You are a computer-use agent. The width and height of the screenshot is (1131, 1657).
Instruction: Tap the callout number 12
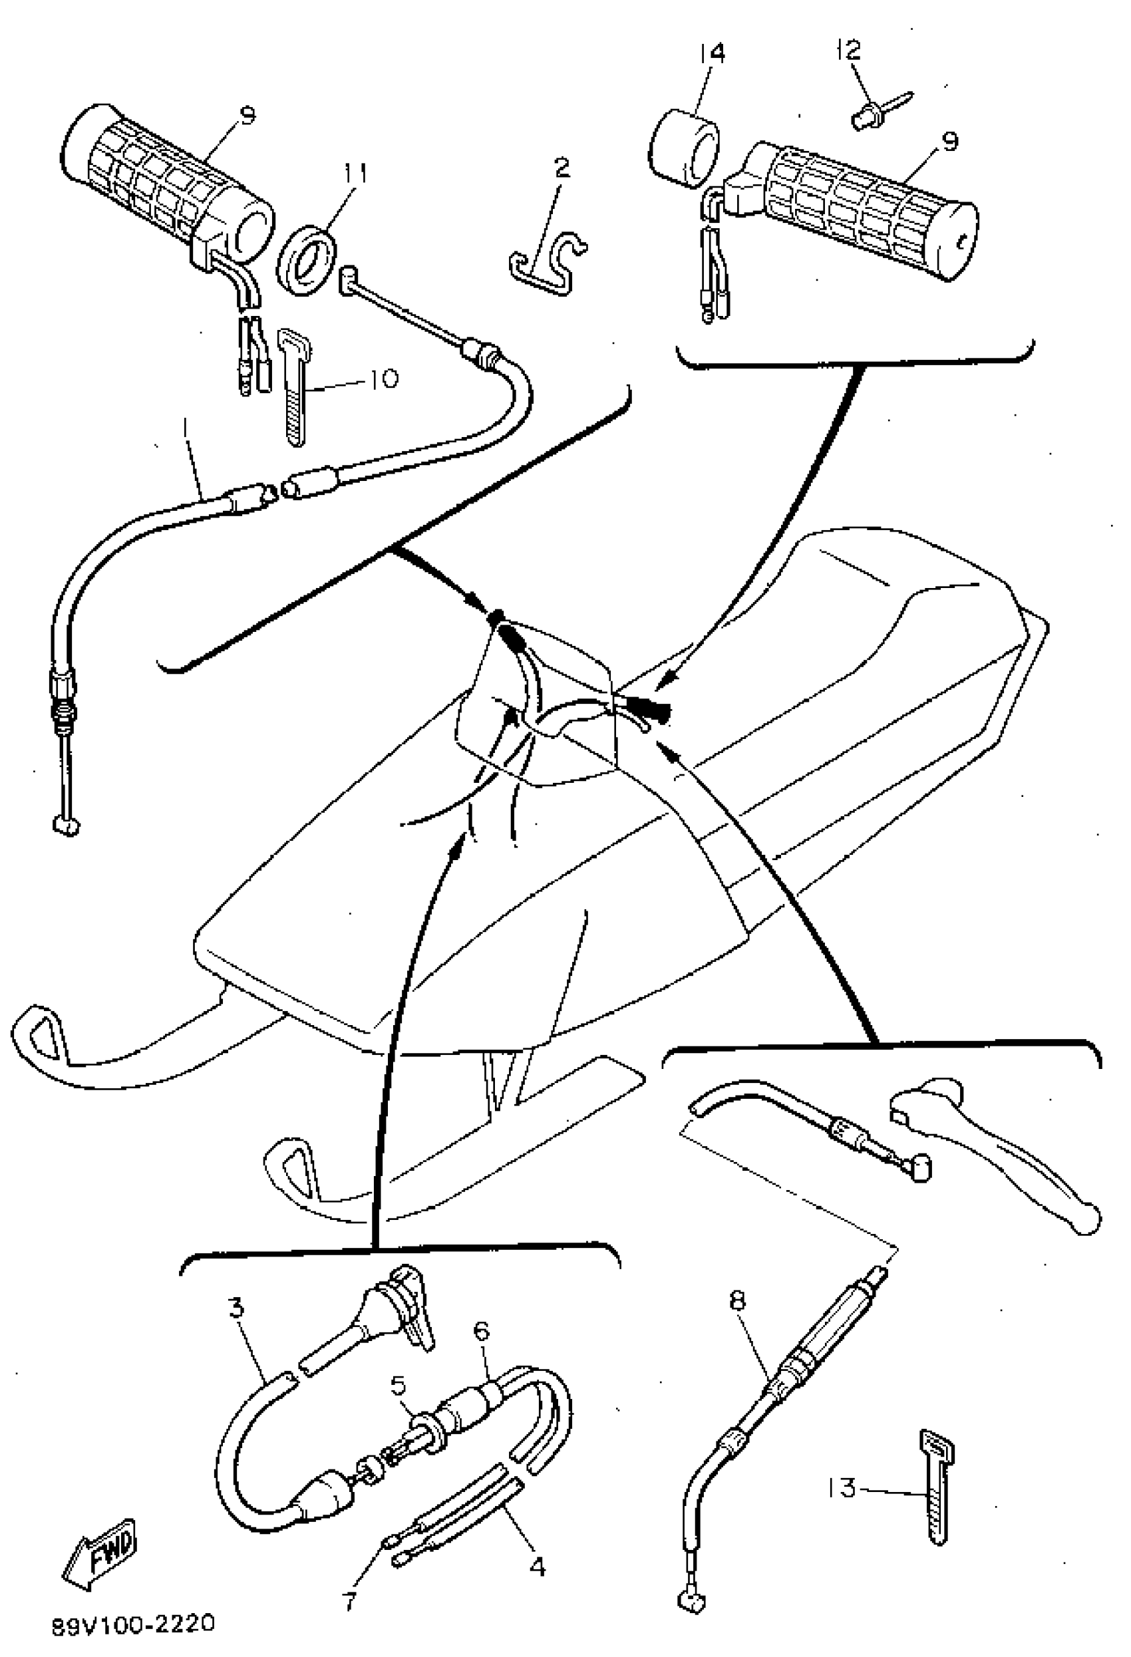pyautogui.click(x=849, y=50)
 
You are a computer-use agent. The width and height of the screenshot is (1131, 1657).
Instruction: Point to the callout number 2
pyautogui.click(x=562, y=168)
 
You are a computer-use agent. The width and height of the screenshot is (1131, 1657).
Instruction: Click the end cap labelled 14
pyautogui.click(x=683, y=148)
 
